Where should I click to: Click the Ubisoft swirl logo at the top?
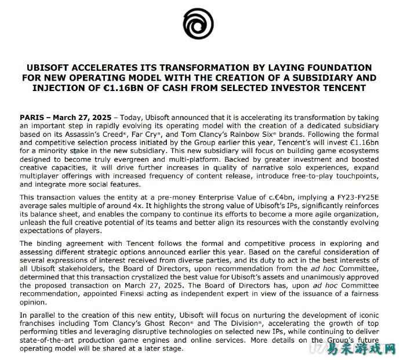coord(200,27)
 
